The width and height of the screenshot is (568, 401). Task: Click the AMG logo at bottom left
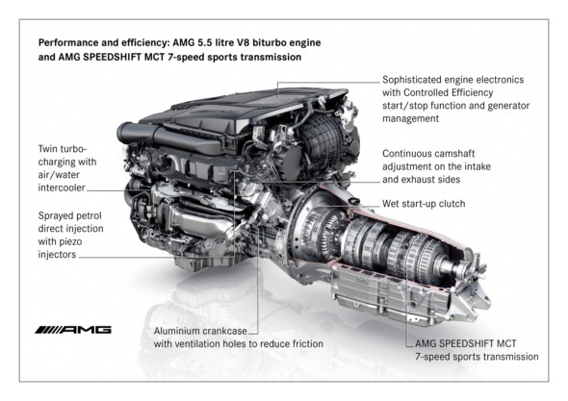(x=73, y=330)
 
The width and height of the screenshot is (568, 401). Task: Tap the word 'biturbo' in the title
(x=269, y=42)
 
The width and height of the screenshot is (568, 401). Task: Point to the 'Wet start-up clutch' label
(x=424, y=204)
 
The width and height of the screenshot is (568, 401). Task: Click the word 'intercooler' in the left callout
(x=62, y=188)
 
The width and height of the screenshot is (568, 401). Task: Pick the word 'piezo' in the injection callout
(x=71, y=241)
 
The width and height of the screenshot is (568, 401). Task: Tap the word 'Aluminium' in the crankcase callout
(x=176, y=331)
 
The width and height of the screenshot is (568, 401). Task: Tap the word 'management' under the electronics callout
(x=410, y=119)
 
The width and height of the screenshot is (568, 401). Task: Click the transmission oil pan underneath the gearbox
(x=389, y=295)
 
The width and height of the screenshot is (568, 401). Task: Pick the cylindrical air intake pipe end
(x=125, y=133)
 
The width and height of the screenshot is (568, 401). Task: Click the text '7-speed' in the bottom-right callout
(x=431, y=357)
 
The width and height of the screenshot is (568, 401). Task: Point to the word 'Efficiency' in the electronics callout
(x=472, y=93)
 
